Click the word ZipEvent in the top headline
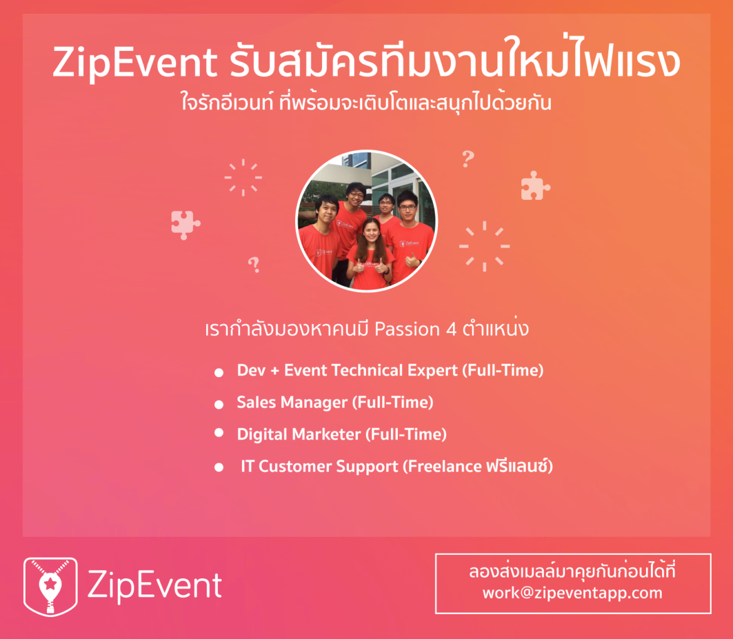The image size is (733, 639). coord(135,63)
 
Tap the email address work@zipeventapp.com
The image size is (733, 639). coord(572,593)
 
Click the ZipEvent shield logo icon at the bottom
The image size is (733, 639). coord(51,586)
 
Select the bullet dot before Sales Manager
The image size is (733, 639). coord(219,404)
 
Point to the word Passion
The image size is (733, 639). coord(407,329)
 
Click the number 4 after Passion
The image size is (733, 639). coord(451,329)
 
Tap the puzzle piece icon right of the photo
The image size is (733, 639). coord(535,186)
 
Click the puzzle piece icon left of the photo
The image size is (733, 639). coord(185,224)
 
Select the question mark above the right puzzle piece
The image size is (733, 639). coord(468,159)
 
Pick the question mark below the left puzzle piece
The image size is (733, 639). coord(254,265)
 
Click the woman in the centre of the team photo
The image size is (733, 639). coord(371,253)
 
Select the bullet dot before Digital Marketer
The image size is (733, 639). coord(219,433)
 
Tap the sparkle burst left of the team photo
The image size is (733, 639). coord(243,177)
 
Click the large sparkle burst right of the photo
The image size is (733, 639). coord(484,246)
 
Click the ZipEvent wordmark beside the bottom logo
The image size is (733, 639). coord(155,585)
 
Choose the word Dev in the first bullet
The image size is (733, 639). coord(251,371)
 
